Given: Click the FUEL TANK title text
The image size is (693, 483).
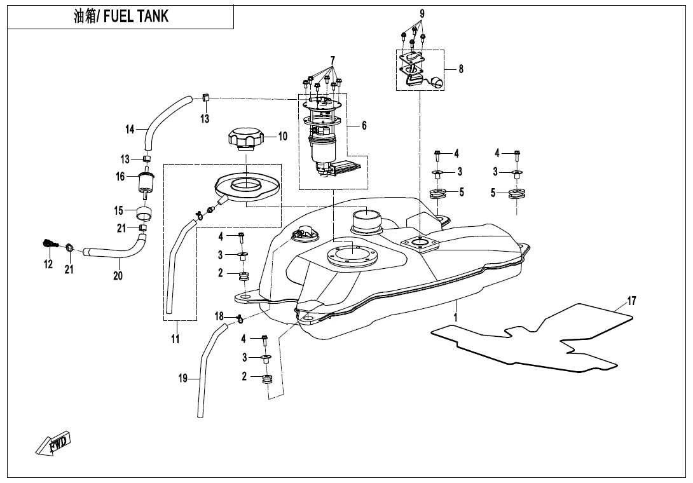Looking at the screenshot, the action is (121, 17).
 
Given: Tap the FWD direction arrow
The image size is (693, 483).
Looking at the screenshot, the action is (53, 443).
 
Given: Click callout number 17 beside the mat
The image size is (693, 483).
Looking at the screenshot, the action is (631, 301).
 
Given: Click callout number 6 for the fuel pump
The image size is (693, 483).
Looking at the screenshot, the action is (364, 126).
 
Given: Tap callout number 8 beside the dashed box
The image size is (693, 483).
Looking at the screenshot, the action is (461, 69).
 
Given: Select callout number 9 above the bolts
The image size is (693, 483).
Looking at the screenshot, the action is (422, 13).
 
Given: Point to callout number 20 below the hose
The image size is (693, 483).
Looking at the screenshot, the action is (118, 276).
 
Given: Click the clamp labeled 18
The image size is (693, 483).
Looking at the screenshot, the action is (240, 318).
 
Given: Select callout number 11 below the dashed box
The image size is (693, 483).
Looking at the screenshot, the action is (175, 339).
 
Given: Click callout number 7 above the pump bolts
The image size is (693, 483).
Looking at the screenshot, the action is (333, 60).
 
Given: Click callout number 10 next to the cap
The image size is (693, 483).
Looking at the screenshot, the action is (282, 136).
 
